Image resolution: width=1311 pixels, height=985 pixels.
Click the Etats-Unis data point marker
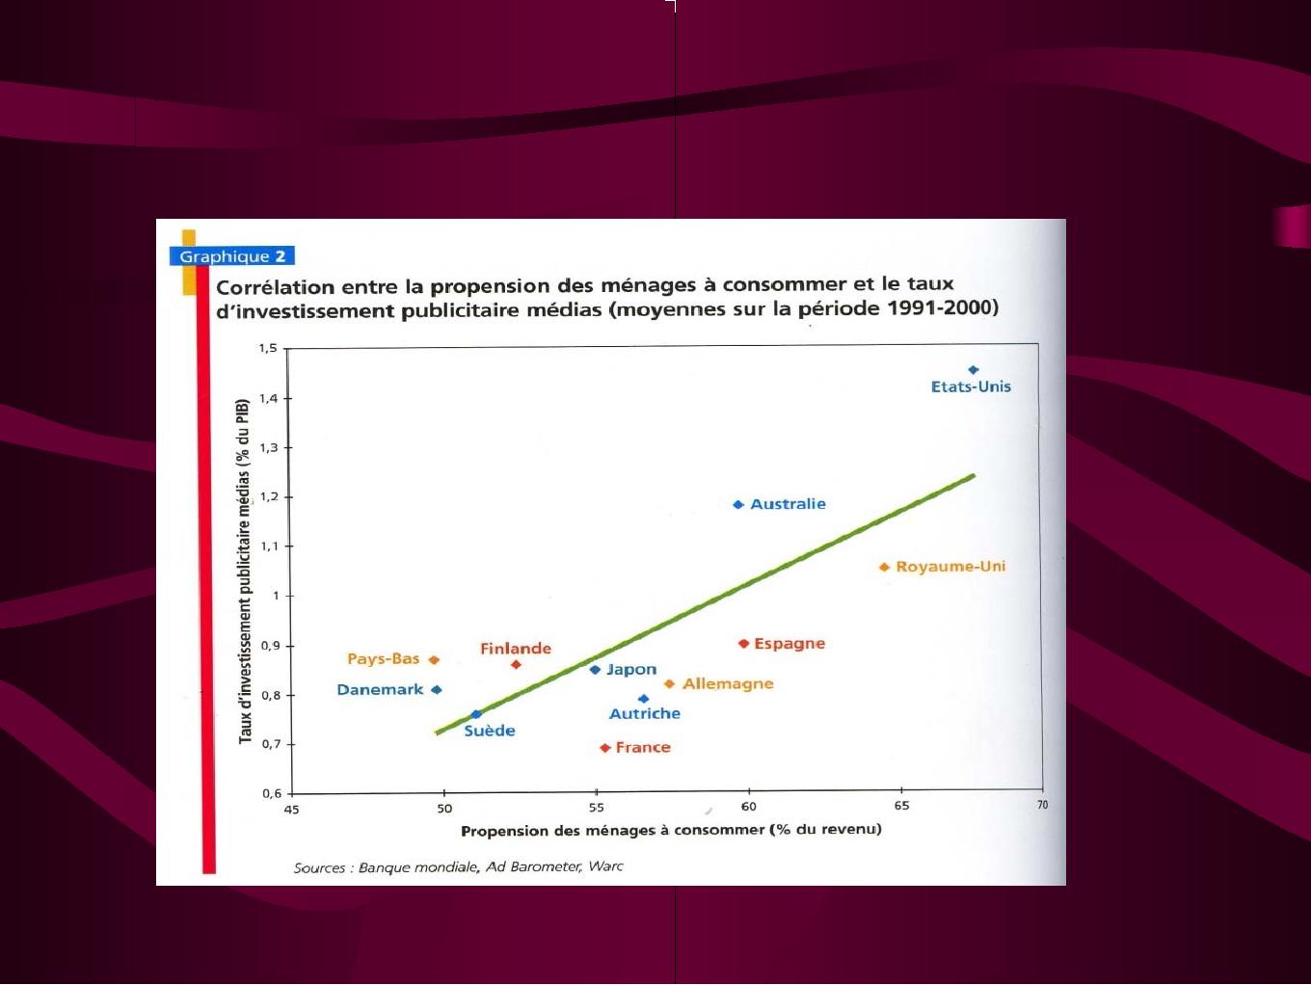pyautogui.click(x=973, y=370)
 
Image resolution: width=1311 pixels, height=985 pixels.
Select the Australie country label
pyautogui.click(x=788, y=504)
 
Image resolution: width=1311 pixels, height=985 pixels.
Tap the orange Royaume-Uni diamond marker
pyautogui.click(x=885, y=567)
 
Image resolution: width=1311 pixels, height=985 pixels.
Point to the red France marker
pyautogui.click(x=605, y=748)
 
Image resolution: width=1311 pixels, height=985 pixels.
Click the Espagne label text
pyautogui.click(x=789, y=644)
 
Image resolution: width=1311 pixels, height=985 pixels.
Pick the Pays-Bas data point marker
pyautogui.click(x=434, y=660)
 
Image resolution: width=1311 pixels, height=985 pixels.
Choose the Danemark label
pyautogui.click(x=380, y=690)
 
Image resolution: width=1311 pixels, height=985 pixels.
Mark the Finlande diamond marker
pyautogui.click(x=516, y=664)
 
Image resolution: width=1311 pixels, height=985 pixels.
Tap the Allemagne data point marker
pyautogui.click(x=670, y=684)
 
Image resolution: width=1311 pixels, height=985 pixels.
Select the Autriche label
pyautogui.click(x=645, y=714)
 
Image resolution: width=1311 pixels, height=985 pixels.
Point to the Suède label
pyautogui.click(x=490, y=732)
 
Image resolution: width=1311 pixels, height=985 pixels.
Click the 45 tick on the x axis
pyautogui.click(x=291, y=811)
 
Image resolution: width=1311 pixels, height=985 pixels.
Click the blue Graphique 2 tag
pyautogui.click(x=231, y=256)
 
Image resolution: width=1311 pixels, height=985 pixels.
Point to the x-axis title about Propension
pyautogui.click(x=671, y=831)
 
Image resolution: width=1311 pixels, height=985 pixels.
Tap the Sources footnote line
pyautogui.click(x=458, y=867)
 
